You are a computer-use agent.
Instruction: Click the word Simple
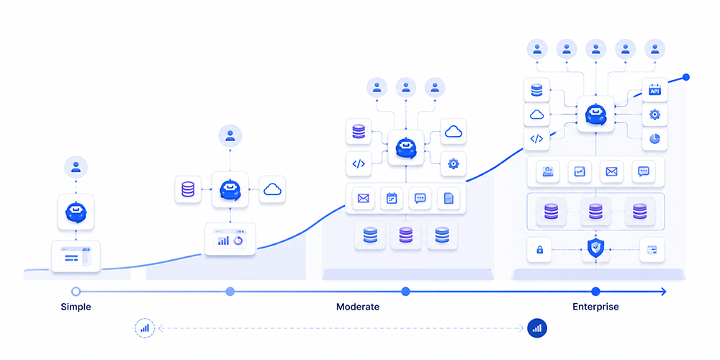[x=76, y=307]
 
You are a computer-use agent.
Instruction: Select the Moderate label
[x=358, y=307]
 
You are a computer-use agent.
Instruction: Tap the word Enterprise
[x=595, y=307]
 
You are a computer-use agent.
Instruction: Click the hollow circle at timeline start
[x=76, y=291]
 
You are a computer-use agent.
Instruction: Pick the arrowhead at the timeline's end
[x=662, y=291]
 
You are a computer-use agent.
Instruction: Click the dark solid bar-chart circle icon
[x=537, y=328]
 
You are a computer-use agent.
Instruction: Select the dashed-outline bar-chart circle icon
[x=145, y=328]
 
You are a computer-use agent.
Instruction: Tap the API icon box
[x=654, y=90]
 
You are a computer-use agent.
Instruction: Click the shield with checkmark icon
[x=595, y=249]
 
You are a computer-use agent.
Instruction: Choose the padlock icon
[x=539, y=250]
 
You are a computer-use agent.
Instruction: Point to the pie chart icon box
[x=654, y=139]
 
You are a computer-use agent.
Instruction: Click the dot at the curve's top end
[x=686, y=77]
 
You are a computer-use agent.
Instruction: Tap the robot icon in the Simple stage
[x=76, y=212]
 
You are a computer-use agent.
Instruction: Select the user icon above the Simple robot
[x=76, y=168]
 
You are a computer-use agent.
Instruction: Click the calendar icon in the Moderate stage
[x=392, y=199]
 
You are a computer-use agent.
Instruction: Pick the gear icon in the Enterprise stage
[x=654, y=114]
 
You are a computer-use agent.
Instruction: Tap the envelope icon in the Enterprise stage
[x=611, y=172]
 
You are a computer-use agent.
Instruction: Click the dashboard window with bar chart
[x=230, y=240]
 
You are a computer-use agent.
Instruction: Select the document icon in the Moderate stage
[x=449, y=199]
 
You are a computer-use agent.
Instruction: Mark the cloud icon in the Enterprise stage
[x=537, y=114]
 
